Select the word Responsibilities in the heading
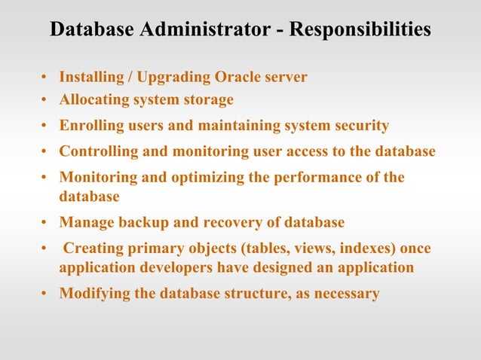pos(360,29)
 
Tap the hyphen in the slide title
pos(278,30)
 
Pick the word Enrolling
pos(91,125)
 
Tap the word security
pos(360,125)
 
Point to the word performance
pos(309,178)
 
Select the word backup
pos(139,222)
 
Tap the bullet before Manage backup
pos(45,223)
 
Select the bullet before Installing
pos(45,78)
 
